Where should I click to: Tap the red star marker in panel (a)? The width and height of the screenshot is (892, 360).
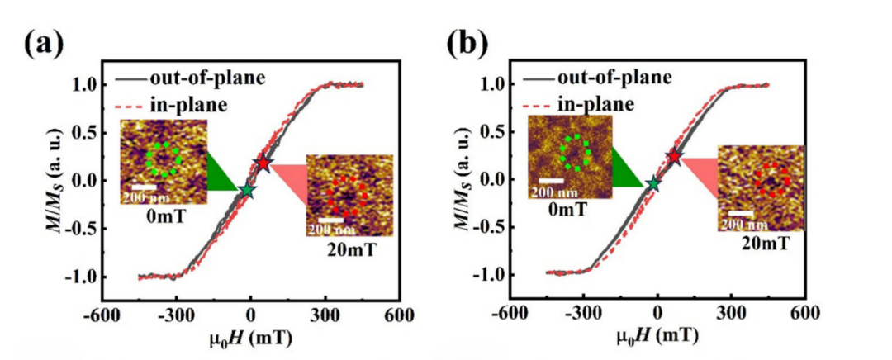(x=263, y=163)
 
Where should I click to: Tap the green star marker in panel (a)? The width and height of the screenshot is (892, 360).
(x=247, y=190)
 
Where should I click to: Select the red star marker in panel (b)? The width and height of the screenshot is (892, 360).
(x=674, y=156)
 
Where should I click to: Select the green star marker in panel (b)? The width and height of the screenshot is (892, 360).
(x=653, y=183)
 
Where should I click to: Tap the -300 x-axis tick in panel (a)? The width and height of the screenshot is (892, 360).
(x=176, y=315)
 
